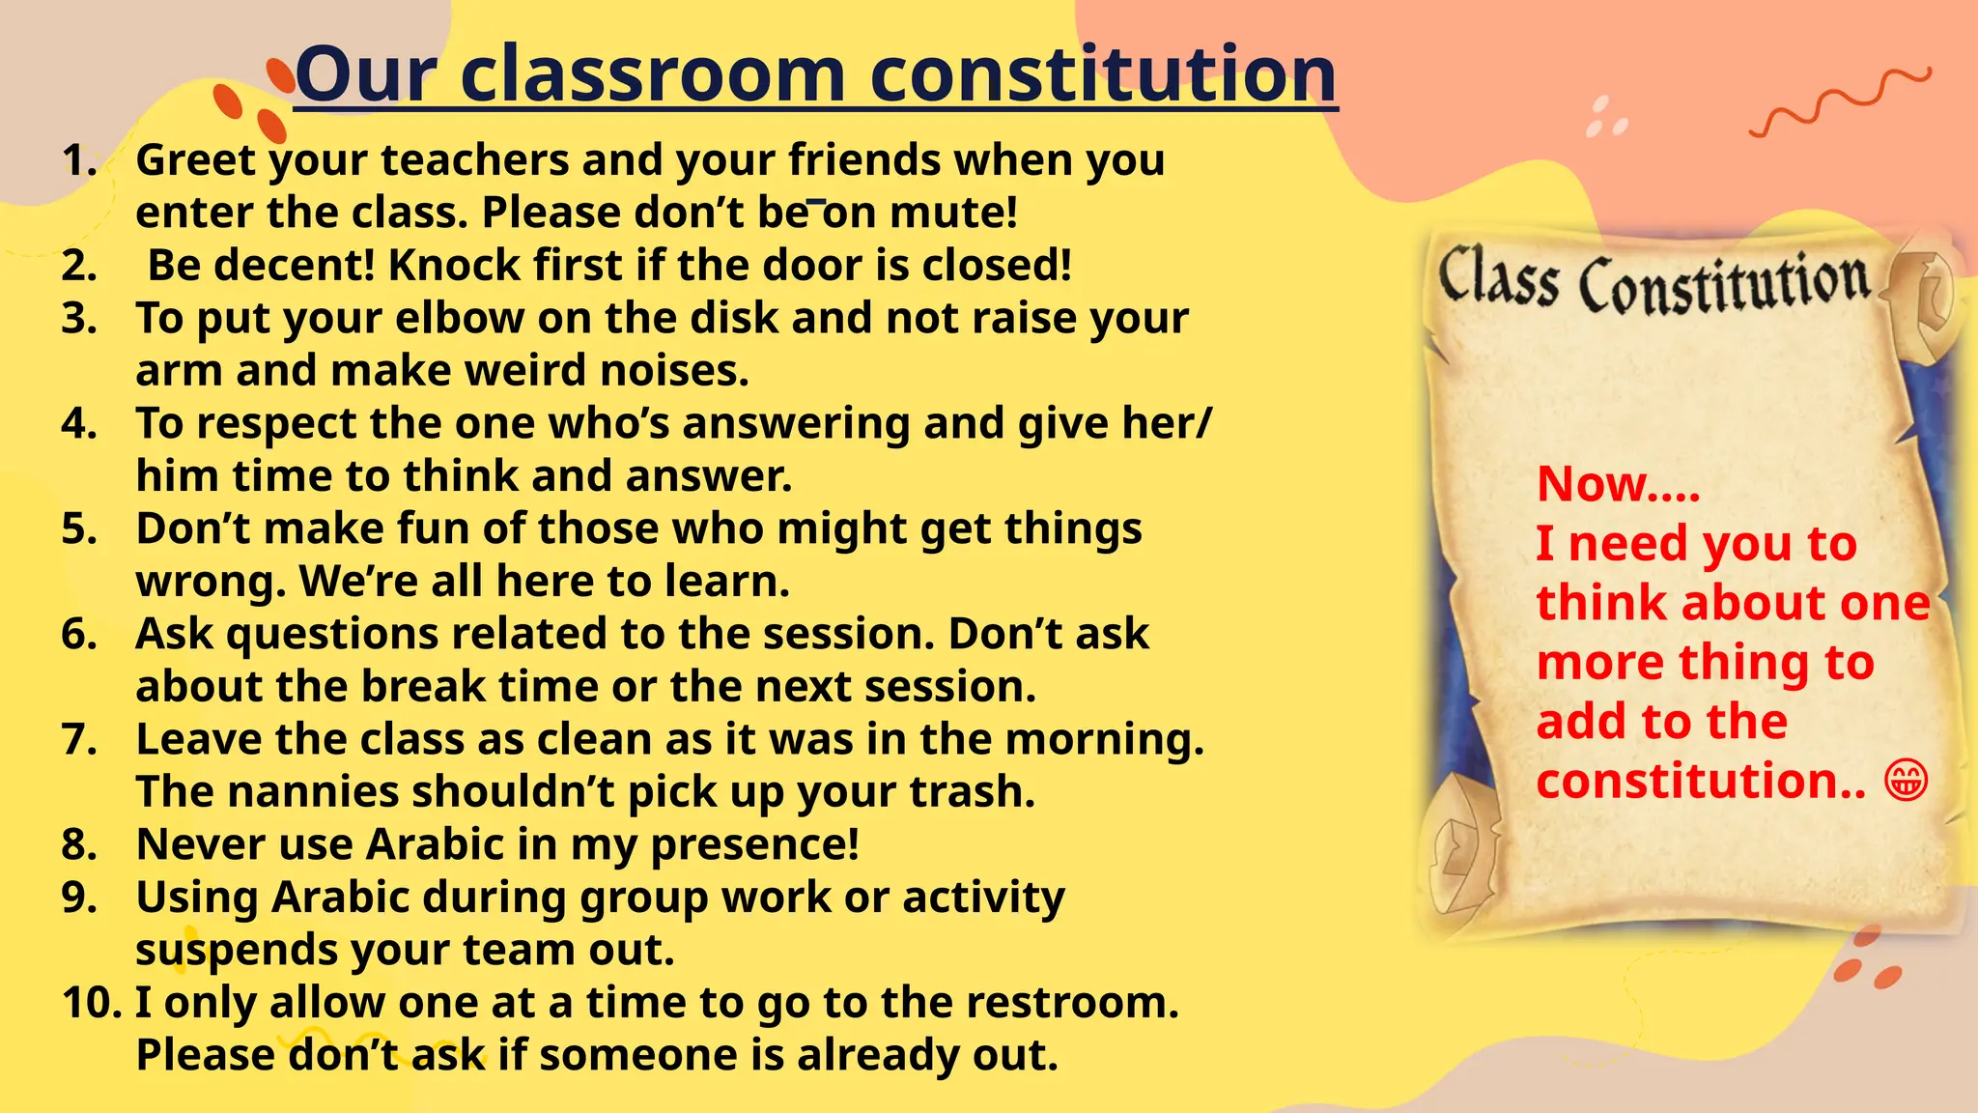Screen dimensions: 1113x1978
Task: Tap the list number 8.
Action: click(79, 844)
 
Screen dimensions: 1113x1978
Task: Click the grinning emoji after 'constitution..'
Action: click(1906, 781)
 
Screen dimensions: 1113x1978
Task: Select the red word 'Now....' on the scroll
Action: click(1618, 483)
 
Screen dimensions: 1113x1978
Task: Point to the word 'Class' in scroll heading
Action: click(1498, 277)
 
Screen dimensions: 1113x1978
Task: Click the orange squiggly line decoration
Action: click(1840, 102)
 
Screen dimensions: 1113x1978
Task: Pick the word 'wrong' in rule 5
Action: click(211, 582)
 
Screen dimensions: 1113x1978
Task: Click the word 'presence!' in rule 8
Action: click(754, 845)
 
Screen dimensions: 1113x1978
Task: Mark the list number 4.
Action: click(79, 423)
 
